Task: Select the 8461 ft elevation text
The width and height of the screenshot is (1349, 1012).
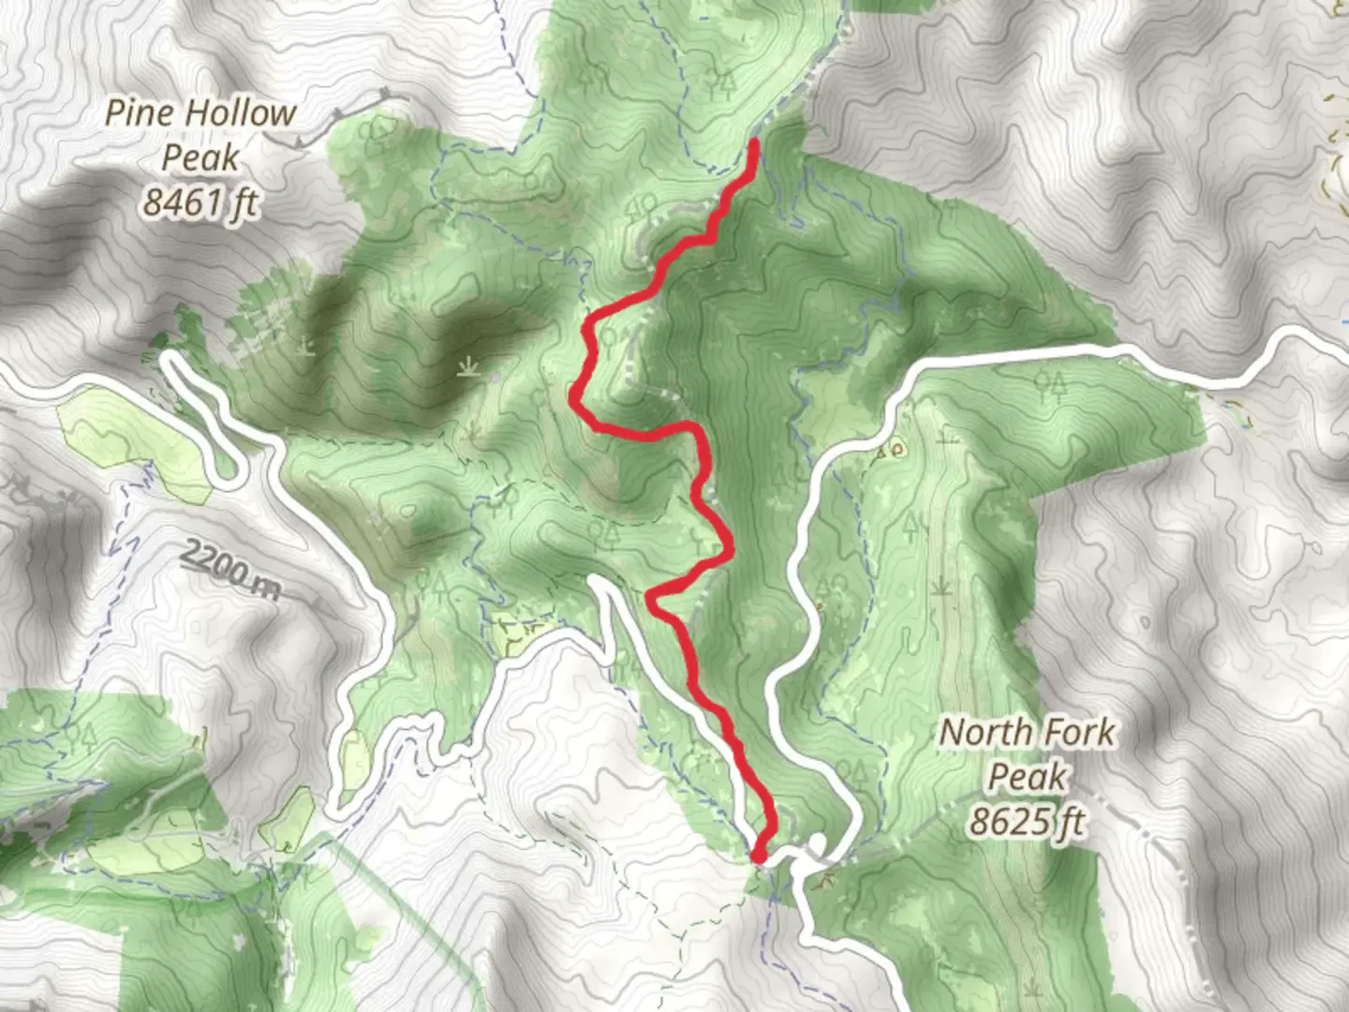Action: click(200, 201)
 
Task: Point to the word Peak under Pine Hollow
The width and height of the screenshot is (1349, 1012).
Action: click(200, 157)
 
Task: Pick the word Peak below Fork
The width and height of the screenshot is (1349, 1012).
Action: click(1028, 777)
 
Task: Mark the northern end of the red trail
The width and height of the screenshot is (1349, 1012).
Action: click(754, 142)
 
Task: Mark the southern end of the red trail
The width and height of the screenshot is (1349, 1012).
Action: click(758, 856)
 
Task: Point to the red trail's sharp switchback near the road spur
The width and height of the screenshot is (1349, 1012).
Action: click(652, 594)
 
